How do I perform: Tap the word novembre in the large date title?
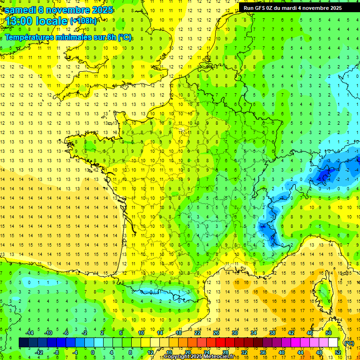coord(68,10)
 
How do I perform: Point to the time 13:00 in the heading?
coord(21,21)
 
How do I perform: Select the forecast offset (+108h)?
coord(83,21)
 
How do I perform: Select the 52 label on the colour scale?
coord(338,352)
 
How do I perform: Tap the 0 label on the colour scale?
coord(92,352)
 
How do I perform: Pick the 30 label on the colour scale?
coord(235,332)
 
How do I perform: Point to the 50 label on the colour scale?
coord(328,332)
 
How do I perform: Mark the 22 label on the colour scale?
coord(197,332)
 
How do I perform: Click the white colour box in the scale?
coord(333,343)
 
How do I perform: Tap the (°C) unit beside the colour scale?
coord(349,343)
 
